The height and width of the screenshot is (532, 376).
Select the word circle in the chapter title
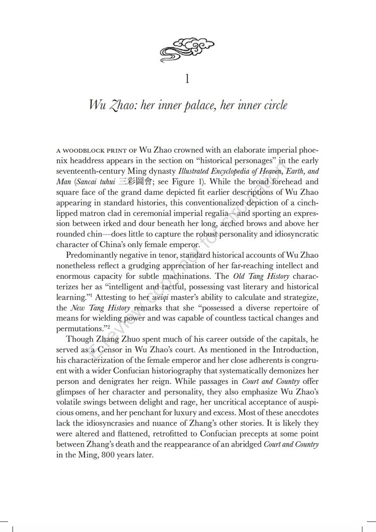tap(272, 105)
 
